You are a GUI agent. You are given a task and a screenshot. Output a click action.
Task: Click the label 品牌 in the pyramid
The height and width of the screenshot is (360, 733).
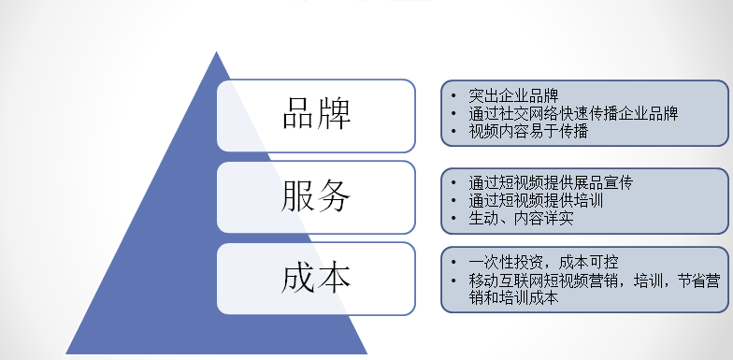316,114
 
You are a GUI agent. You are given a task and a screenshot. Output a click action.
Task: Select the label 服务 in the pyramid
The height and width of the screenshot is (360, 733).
316,196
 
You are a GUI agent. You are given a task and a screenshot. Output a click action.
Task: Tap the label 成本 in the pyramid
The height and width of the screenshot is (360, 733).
316,278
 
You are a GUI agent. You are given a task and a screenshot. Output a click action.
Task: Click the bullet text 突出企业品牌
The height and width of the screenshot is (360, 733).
513,95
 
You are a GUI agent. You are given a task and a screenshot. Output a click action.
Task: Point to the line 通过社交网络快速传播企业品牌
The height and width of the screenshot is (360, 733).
573,113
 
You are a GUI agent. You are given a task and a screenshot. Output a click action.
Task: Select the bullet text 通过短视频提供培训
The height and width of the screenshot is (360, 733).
536,200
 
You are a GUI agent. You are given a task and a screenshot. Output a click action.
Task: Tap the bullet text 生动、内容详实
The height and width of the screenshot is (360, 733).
521,219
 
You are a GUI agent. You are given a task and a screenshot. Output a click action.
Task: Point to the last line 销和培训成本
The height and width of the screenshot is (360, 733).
513,298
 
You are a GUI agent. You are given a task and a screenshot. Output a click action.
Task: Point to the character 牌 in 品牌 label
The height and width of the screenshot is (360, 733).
334,114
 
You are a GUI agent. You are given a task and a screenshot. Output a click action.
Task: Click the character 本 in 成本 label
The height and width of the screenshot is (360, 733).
334,278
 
